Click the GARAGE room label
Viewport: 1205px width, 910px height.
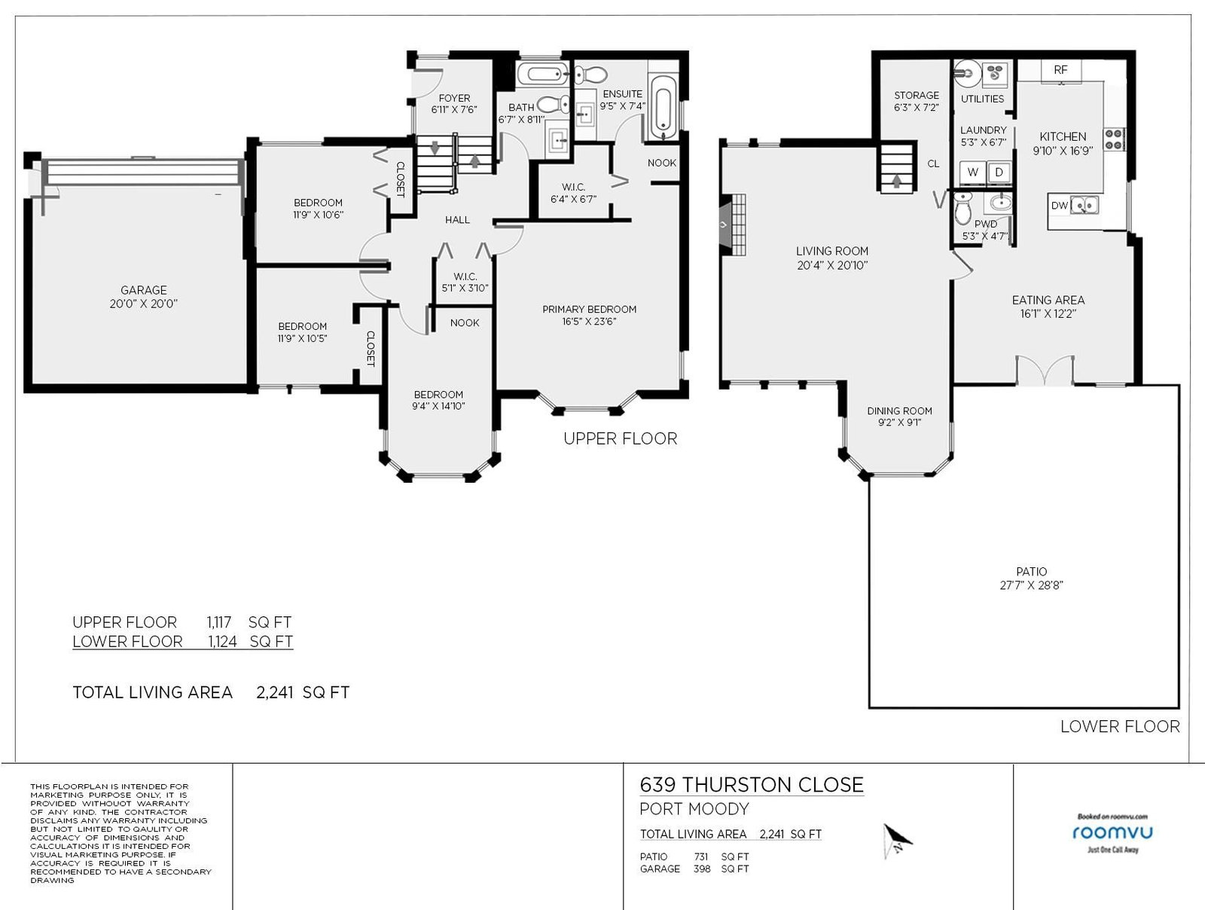143,290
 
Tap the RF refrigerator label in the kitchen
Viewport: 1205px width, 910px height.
1060,70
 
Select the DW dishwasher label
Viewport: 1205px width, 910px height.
1059,205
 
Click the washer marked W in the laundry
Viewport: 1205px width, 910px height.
973,173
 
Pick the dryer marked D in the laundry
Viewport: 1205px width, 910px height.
999,173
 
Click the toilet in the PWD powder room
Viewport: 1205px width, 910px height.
963,207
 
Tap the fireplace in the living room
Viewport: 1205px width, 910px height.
732,224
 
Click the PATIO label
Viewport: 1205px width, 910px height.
1032,571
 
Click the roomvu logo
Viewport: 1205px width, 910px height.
1112,833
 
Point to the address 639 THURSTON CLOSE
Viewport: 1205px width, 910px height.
752,785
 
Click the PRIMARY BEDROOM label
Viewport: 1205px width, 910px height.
589,309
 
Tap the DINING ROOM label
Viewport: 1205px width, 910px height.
899,411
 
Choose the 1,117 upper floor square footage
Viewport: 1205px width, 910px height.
219,621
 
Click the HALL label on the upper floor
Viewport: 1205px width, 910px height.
457,219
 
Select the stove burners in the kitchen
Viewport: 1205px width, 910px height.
1114,139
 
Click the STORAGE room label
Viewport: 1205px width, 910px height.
917,95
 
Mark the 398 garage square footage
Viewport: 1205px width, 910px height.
702,869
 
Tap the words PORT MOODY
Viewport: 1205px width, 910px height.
694,809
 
